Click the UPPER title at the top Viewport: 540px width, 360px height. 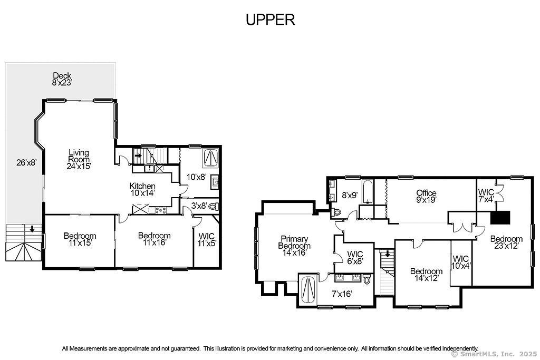(x=271, y=20)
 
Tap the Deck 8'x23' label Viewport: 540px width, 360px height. (x=62, y=79)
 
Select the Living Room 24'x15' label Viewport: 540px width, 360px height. (x=79, y=159)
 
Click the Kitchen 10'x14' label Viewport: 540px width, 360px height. (x=142, y=189)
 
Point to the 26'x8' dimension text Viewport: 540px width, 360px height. (x=26, y=162)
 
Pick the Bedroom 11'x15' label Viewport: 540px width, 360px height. (x=80, y=239)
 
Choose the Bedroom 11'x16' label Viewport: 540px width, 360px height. (x=155, y=239)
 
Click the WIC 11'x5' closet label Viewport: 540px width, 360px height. (x=207, y=239)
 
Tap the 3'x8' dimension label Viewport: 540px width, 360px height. (x=199, y=206)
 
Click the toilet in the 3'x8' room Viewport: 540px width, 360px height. (x=214, y=207)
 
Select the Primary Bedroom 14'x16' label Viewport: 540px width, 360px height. (x=294, y=246)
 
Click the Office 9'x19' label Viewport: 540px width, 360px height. (x=426, y=196)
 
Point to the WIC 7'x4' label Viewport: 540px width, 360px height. (x=486, y=196)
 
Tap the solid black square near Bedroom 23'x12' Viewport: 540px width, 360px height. (x=500, y=218)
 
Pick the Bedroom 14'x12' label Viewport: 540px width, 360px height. (x=426, y=274)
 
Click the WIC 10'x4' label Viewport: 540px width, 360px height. (x=461, y=262)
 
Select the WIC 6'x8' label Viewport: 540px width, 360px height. (x=355, y=258)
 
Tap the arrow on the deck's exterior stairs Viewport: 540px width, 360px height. (x=32, y=229)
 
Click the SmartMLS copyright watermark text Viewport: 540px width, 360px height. (x=494, y=354)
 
